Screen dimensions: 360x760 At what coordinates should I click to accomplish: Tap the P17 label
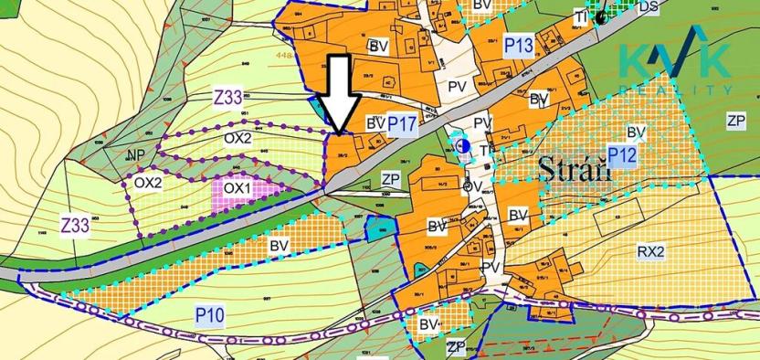click(402, 122)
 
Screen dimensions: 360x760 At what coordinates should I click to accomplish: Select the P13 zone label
click(518, 45)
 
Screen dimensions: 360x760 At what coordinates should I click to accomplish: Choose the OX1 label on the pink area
click(237, 188)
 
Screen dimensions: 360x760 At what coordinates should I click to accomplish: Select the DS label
click(649, 6)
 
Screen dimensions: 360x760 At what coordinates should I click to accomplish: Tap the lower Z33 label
click(75, 224)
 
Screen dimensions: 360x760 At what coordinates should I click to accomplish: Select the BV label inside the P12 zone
click(636, 132)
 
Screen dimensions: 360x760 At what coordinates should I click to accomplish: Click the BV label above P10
click(278, 245)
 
